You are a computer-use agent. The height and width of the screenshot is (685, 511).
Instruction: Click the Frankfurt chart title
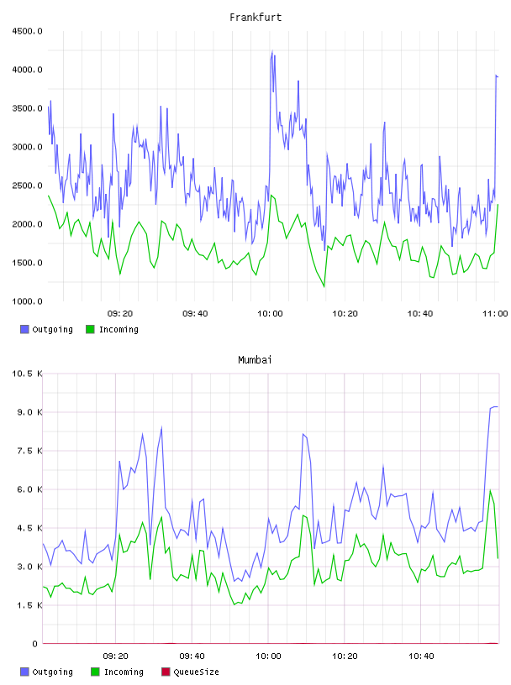point(255,18)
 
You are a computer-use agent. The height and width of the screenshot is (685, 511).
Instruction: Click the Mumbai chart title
point(255,360)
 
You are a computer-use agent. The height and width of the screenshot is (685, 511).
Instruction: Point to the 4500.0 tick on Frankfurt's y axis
point(27,31)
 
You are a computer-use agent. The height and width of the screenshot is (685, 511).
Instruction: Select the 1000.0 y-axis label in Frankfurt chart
point(27,301)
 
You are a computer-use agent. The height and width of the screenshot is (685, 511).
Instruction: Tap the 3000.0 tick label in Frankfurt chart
point(27,147)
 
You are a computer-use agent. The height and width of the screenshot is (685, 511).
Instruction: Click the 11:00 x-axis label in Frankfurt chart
point(495,314)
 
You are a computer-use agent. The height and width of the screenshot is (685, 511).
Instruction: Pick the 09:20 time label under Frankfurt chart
point(120,314)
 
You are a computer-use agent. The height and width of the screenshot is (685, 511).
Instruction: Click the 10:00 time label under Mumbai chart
point(268,656)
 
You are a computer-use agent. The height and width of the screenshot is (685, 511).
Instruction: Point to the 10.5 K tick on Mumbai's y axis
point(27,374)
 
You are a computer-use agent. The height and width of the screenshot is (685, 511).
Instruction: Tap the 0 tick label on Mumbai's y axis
point(35,644)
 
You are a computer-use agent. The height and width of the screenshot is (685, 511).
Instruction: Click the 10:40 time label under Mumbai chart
point(421,656)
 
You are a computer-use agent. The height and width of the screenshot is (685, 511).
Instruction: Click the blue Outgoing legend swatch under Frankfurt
point(24,329)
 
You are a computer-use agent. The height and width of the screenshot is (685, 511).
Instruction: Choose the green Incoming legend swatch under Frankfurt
point(90,329)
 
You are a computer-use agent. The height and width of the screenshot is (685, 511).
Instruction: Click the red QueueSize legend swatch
point(166,672)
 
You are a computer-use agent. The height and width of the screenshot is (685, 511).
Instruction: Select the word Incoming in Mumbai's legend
point(124,672)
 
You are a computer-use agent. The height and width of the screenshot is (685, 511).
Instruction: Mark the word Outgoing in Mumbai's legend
point(52,672)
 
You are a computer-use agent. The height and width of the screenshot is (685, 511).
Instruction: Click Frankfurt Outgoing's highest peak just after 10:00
point(272,51)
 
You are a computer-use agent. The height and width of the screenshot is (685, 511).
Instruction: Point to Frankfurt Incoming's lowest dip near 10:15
point(324,287)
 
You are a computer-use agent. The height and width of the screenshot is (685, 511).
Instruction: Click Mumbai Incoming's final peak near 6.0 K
point(491,490)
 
